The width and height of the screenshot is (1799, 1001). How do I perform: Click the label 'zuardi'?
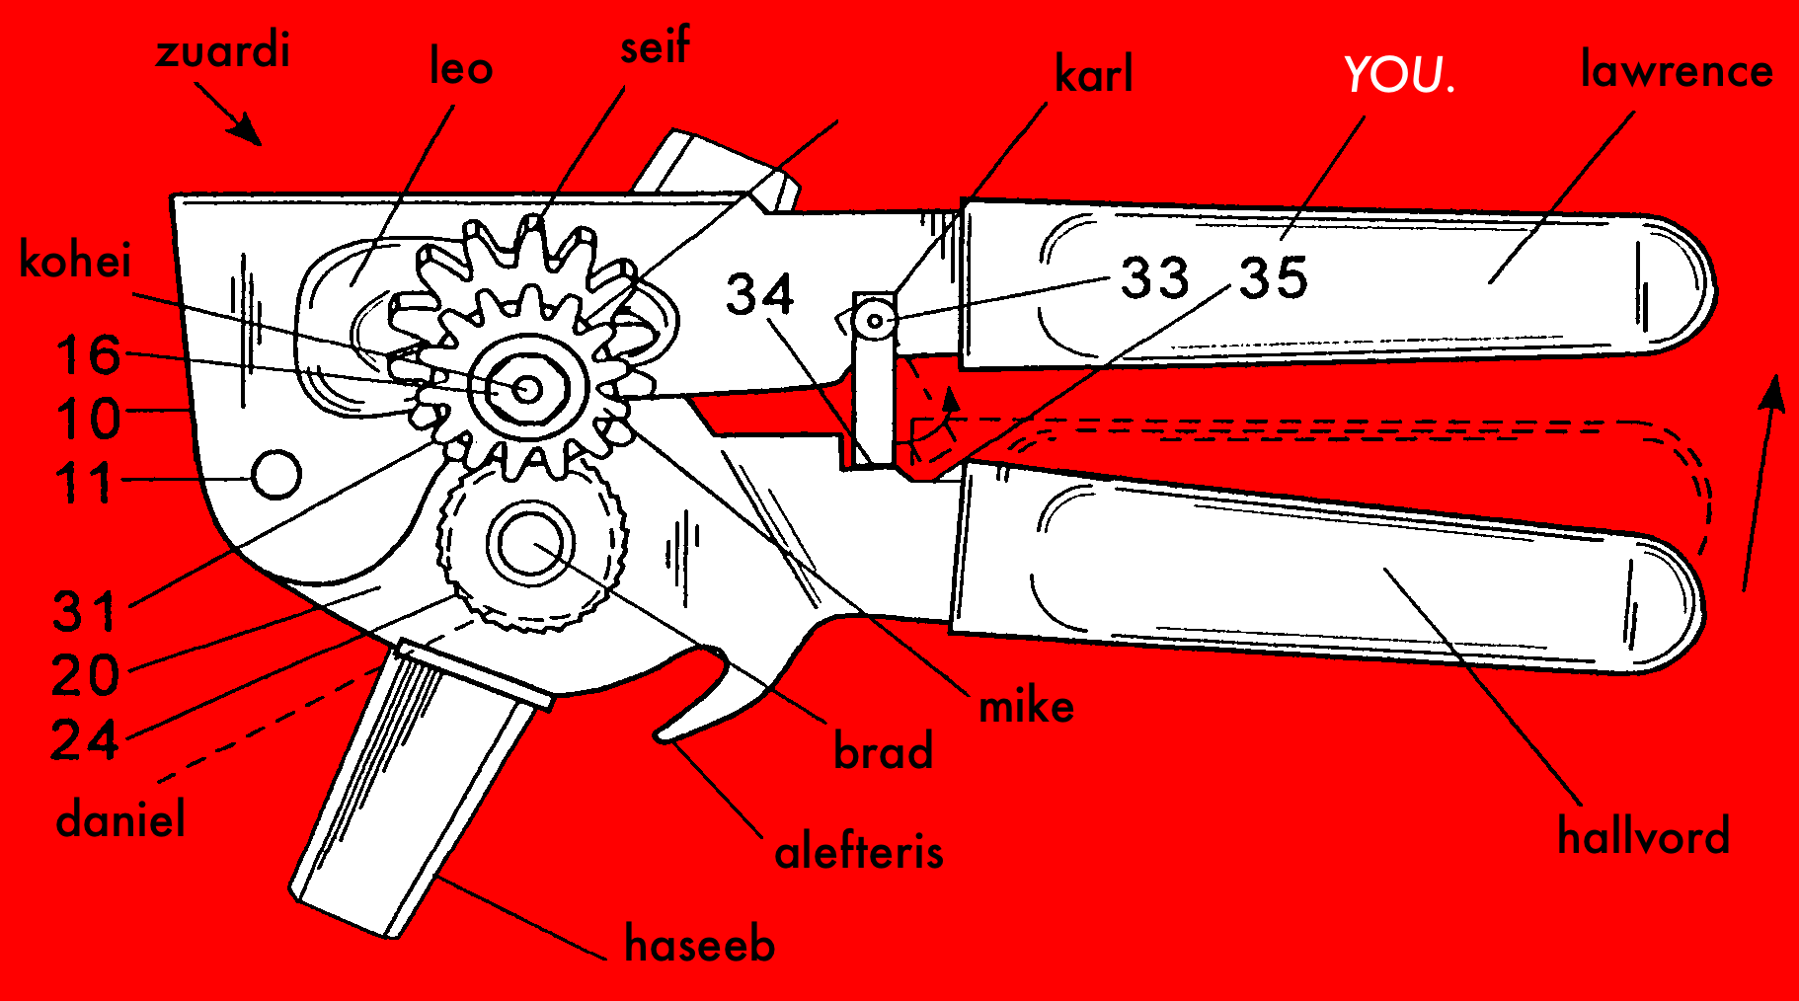[223, 50]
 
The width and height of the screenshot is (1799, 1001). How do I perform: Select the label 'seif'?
[655, 46]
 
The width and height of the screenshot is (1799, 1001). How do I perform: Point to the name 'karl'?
[1094, 75]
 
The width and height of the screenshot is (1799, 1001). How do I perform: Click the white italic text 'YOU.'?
[1399, 75]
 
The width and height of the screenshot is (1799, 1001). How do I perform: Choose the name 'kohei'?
[76, 261]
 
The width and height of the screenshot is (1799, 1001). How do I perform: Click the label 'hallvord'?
[1644, 836]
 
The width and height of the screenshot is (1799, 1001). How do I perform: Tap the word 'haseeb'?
[700, 945]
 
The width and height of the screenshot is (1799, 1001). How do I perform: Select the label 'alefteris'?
[859, 852]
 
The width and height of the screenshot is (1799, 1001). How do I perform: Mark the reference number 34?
[759, 294]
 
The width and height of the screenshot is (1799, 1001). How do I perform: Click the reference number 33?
[1154, 278]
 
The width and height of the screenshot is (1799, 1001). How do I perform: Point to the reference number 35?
[1274, 278]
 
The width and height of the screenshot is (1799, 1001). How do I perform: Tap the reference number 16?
[89, 355]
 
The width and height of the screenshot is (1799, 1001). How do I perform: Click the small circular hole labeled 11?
[276, 475]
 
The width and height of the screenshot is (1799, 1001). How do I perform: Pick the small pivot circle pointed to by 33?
[874, 320]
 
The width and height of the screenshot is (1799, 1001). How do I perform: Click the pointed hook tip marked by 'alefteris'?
[660, 734]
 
